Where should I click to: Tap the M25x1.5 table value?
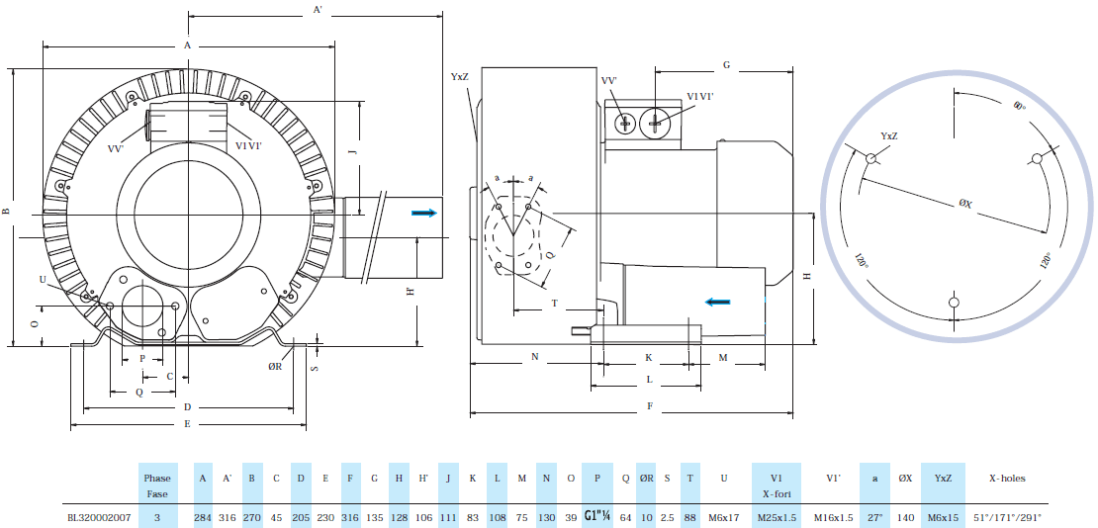point(777,516)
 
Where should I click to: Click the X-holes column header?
point(1007,478)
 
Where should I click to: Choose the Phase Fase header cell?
point(157,484)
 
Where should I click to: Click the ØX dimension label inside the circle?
point(965,204)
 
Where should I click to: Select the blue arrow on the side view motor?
point(718,302)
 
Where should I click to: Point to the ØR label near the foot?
point(275,366)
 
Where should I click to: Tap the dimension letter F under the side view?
point(649,405)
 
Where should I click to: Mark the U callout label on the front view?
point(42,280)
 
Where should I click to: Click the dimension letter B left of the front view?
point(6,211)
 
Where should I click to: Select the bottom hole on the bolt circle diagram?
point(953,302)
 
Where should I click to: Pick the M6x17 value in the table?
point(724,516)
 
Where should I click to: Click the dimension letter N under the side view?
point(534,355)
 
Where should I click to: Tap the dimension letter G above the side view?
point(725,64)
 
